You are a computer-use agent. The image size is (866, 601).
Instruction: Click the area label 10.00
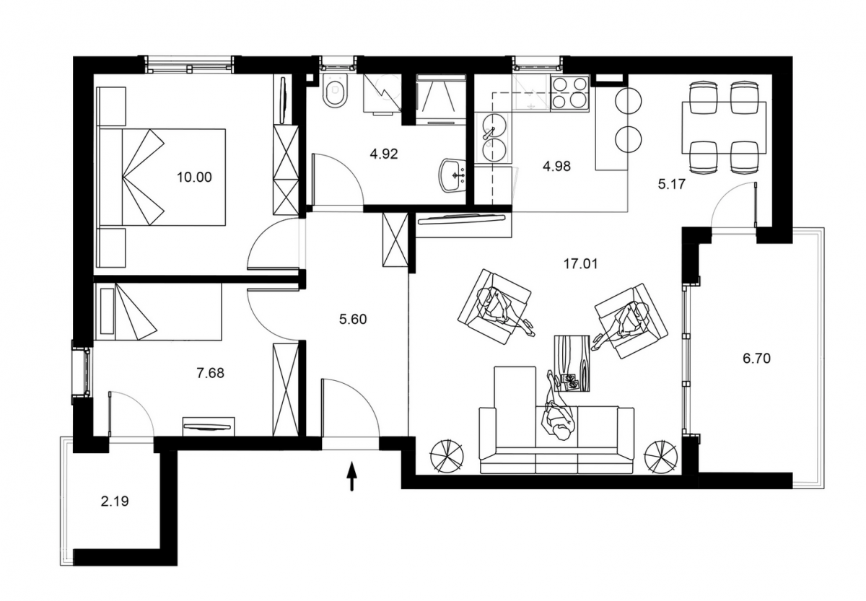(x=194, y=177)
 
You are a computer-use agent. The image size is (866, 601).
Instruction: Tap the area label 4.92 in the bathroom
(x=383, y=154)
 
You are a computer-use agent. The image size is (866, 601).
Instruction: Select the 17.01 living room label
(x=580, y=264)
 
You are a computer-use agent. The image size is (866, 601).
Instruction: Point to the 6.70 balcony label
(x=756, y=359)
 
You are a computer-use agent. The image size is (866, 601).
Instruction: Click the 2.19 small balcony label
(x=115, y=501)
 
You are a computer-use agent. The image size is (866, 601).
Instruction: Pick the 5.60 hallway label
(x=353, y=319)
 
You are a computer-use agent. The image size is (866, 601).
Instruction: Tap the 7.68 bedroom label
(x=210, y=373)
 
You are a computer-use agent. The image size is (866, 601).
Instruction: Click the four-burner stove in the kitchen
(x=569, y=93)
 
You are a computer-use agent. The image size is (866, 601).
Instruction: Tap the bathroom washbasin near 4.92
(x=453, y=175)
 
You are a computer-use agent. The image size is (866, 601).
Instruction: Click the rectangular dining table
(x=724, y=128)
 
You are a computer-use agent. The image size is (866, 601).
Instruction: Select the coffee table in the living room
(x=572, y=364)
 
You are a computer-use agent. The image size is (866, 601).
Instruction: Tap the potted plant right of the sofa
(x=661, y=457)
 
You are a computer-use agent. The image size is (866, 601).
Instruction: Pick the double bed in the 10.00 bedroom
(x=162, y=177)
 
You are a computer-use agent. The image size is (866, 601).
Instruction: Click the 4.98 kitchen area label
(x=556, y=166)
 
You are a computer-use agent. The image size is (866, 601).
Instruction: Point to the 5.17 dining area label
(x=672, y=184)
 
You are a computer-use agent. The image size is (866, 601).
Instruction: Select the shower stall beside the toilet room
(x=441, y=100)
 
